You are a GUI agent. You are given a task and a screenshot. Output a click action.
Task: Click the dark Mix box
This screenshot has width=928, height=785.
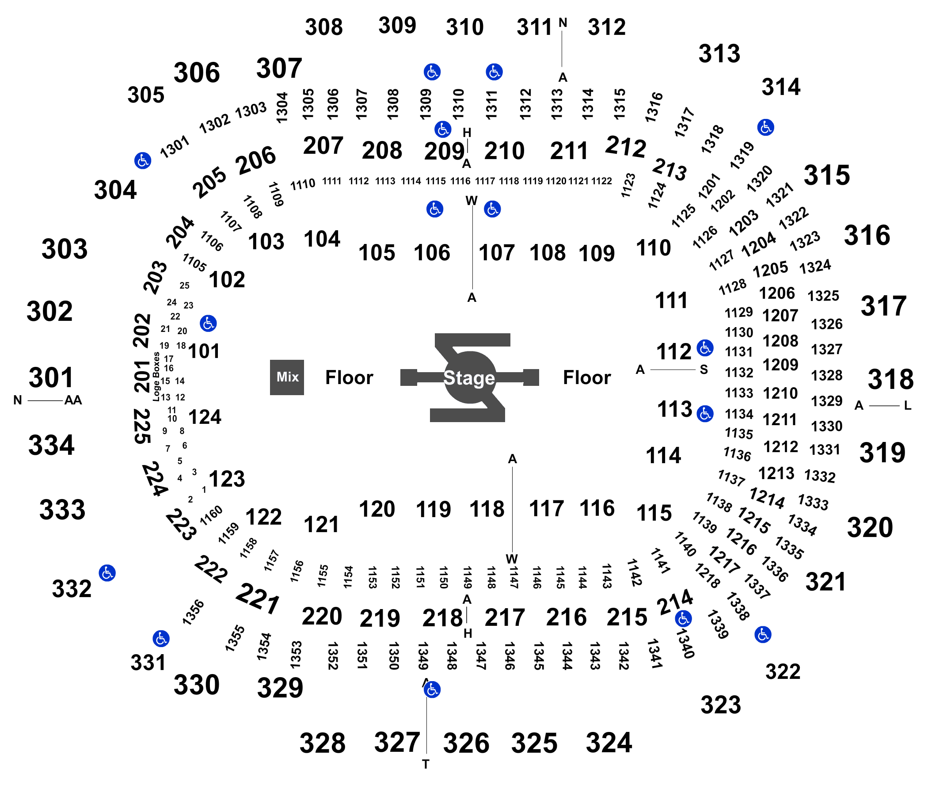[286, 377]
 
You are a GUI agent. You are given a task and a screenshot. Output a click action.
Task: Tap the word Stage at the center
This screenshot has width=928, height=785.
[469, 378]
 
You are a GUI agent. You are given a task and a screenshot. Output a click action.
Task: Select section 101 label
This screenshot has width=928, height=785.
[204, 351]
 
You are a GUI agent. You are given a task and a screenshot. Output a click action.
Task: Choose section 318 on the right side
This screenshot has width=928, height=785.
[890, 379]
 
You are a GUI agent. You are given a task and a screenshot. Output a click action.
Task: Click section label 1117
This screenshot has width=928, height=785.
[484, 181]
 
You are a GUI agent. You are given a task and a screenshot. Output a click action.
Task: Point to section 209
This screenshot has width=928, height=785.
[444, 151]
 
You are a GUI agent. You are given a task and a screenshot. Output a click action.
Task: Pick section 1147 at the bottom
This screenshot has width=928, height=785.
[514, 577]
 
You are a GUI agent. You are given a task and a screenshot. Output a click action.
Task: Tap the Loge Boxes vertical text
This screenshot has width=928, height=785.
[156, 377]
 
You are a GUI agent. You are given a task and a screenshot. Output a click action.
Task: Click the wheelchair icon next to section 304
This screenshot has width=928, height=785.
[143, 160]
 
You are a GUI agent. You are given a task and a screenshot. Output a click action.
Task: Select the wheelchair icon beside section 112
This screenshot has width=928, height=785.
[705, 348]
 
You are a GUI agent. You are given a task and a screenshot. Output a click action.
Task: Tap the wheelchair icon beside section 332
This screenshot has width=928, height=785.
[107, 573]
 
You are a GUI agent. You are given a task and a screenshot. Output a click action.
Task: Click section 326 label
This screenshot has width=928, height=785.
[466, 743]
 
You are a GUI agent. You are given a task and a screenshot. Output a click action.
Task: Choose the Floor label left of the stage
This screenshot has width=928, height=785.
[349, 377]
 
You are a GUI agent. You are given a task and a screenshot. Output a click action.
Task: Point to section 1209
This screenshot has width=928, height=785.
[780, 365]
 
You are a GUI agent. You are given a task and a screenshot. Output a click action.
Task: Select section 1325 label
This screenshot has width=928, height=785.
[823, 296]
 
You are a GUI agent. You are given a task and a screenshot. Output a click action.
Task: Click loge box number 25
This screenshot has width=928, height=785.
[185, 286]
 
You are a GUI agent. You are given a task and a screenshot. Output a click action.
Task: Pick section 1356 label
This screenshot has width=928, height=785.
[193, 612]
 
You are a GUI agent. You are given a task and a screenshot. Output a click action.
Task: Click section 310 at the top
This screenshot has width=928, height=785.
[464, 27]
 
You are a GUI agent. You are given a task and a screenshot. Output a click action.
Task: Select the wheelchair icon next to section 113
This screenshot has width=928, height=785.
[705, 414]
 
